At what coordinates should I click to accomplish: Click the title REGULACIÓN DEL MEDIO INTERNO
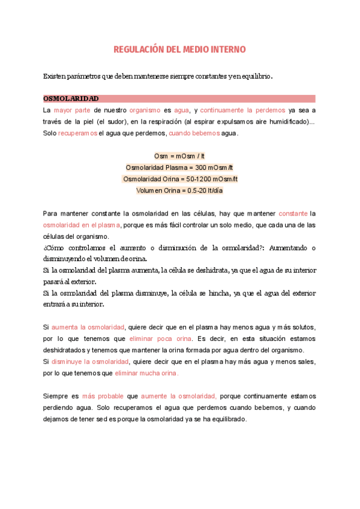pos(179,49)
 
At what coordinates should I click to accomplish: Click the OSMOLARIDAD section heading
pos(71,98)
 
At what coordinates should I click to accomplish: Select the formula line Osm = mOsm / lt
pos(179,156)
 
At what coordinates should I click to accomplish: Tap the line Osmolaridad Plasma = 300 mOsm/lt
pos(179,167)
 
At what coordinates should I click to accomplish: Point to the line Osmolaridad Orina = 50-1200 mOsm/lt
pos(180,179)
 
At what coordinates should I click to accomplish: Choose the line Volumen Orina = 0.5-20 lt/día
pos(180,190)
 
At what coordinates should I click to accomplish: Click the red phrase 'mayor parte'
pos(72,110)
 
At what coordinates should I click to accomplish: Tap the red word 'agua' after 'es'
pos(181,110)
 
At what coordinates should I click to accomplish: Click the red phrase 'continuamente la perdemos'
pos(242,110)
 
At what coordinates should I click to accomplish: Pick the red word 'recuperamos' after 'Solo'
pos(77,133)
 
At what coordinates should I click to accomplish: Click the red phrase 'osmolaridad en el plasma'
pos(82,224)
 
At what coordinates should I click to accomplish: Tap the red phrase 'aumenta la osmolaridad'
pos(88,327)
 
